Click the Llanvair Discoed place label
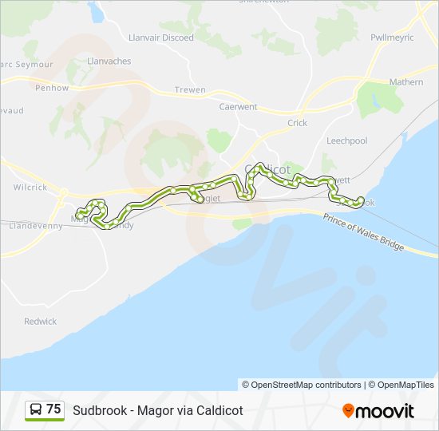point(160,38)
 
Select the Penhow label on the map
point(52,88)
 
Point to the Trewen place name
point(190,89)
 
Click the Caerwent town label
point(238,105)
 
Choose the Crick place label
point(297,123)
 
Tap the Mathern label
point(406,81)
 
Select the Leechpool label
point(346,140)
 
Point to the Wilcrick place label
point(30,188)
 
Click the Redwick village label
point(40,322)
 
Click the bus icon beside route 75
point(36,410)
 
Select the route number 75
point(53,409)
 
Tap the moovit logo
point(378,411)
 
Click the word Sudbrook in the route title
point(99,411)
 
